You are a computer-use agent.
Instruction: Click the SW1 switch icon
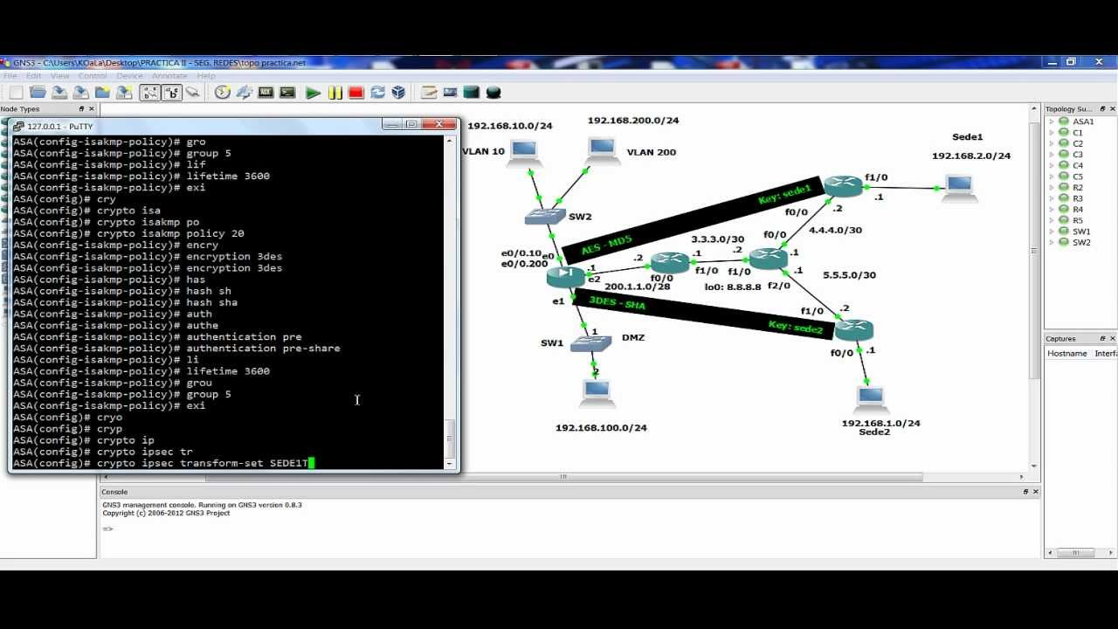[590, 343]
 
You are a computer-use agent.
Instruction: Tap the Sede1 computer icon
[959, 186]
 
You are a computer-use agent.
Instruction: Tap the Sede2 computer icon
[870, 397]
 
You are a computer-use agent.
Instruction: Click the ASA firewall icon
[565, 276]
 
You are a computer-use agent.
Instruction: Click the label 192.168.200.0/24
[632, 121]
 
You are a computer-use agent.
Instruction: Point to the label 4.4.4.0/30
[835, 231]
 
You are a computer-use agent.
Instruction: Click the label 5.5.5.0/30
[849, 275]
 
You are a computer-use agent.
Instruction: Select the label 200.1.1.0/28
[637, 287]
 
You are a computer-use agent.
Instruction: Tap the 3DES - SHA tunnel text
[617, 303]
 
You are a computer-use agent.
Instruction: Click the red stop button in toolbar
[355, 93]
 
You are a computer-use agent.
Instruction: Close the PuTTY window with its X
[439, 125]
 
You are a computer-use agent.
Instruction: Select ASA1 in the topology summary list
[1083, 121]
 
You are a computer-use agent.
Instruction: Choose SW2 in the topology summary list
[1081, 242]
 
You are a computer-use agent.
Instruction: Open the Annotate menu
[169, 76]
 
